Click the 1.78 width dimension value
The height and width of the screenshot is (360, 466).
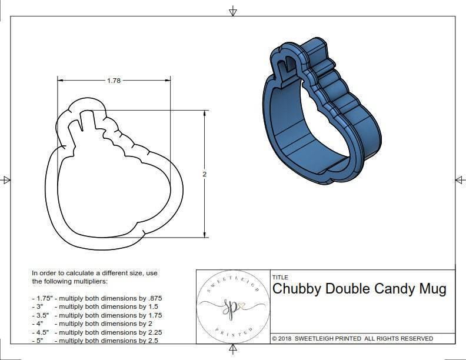point(114,81)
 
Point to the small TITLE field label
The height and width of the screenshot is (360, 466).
point(280,276)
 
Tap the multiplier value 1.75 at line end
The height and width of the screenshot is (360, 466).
point(154,315)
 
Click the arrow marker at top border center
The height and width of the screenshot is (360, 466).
point(233,11)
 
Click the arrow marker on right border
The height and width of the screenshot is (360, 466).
point(459,179)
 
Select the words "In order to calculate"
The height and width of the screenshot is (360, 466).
point(65,273)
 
